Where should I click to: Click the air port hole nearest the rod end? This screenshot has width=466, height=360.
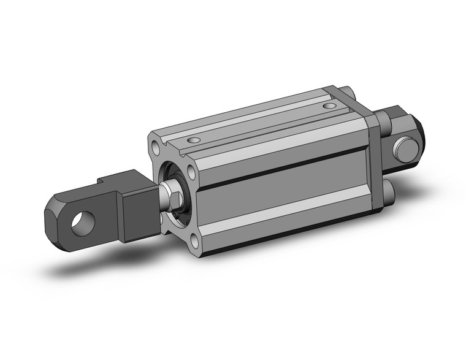tap(194, 140)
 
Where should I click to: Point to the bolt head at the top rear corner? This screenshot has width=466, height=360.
tap(348, 93)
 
